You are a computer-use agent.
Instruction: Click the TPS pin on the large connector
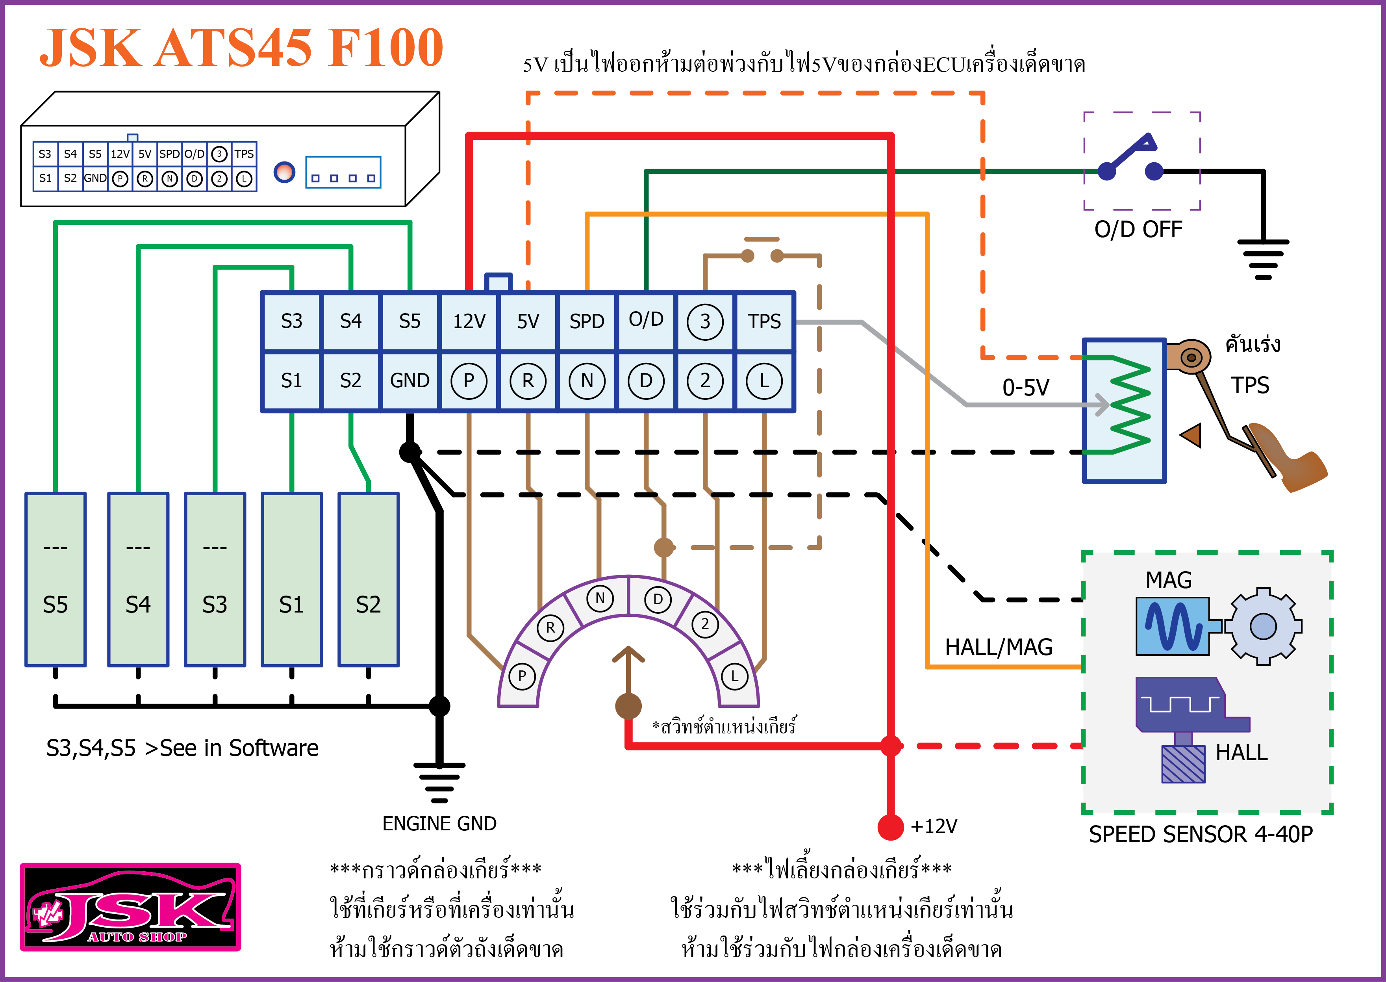point(764,321)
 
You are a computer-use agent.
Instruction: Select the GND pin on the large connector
point(410,381)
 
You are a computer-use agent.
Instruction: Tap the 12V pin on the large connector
point(469,321)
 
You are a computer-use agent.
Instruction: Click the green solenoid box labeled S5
point(56,579)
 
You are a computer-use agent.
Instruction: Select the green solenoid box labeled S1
point(292,579)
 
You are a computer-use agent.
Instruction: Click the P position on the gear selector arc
point(522,676)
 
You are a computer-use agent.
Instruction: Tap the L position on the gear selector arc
point(734,676)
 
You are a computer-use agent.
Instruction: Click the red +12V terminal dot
point(890,826)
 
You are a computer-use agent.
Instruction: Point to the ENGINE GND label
point(439,824)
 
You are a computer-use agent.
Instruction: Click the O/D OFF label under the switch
point(1138,229)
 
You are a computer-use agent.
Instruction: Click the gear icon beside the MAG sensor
point(1263,626)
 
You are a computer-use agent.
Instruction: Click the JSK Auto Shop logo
point(131,906)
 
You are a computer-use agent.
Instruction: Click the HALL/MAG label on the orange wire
point(999,647)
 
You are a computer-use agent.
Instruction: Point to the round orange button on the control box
point(284,173)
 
